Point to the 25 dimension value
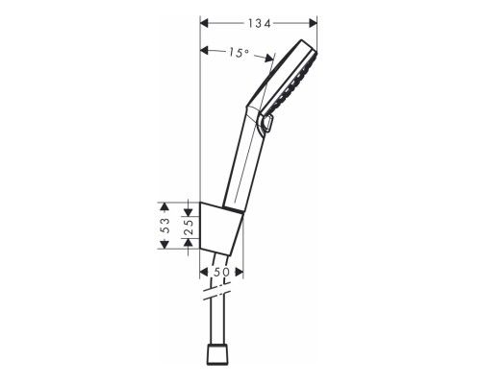[x=188, y=226]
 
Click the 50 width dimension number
[x=221, y=274]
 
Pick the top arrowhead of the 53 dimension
[x=165, y=205]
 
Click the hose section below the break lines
[x=218, y=326]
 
